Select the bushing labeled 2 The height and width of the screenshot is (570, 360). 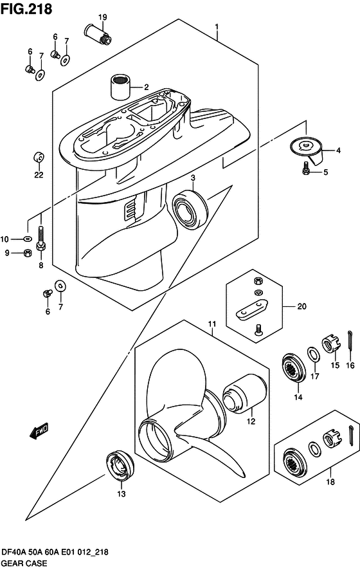[x=120, y=87]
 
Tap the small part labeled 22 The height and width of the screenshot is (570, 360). [x=39, y=158]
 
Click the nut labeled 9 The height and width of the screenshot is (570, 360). [x=27, y=253]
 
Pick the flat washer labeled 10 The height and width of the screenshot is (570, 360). [x=26, y=239]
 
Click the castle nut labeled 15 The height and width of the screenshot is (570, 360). [x=332, y=345]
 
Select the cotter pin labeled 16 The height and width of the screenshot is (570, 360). [x=350, y=342]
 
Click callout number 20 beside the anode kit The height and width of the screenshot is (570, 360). [x=302, y=306]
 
